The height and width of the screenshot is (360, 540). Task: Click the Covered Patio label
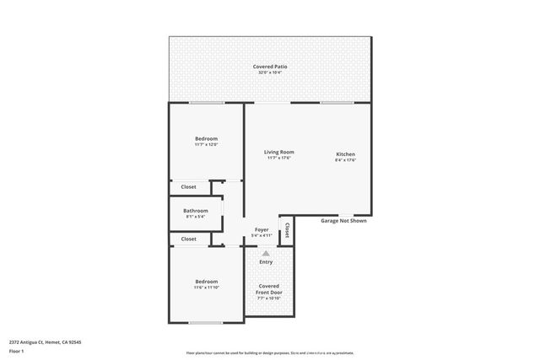click(270, 67)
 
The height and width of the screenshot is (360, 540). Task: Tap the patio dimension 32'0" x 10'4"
click(270, 73)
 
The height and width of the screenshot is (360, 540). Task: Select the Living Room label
click(278, 152)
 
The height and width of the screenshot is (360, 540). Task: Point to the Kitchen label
click(346, 154)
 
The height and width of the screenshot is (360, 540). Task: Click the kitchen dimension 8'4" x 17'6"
click(346, 160)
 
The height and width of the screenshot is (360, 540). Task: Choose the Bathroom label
click(195, 210)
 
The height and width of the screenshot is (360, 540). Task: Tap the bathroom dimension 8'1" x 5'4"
click(195, 217)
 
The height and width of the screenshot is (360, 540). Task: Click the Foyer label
click(262, 229)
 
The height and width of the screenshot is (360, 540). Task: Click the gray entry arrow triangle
click(266, 253)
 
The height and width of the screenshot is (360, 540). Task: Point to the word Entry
click(266, 261)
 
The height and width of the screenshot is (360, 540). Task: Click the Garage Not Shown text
click(343, 221)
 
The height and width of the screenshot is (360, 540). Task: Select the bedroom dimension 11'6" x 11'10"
click(207, 287)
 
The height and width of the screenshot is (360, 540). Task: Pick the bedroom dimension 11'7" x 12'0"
click(207, 145)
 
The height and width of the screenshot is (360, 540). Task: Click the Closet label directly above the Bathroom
click(188, 186)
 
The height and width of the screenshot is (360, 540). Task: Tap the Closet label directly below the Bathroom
click(188, 239)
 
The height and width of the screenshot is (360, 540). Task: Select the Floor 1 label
click(17, 351)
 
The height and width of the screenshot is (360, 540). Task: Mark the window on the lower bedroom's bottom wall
click(206, 322)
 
